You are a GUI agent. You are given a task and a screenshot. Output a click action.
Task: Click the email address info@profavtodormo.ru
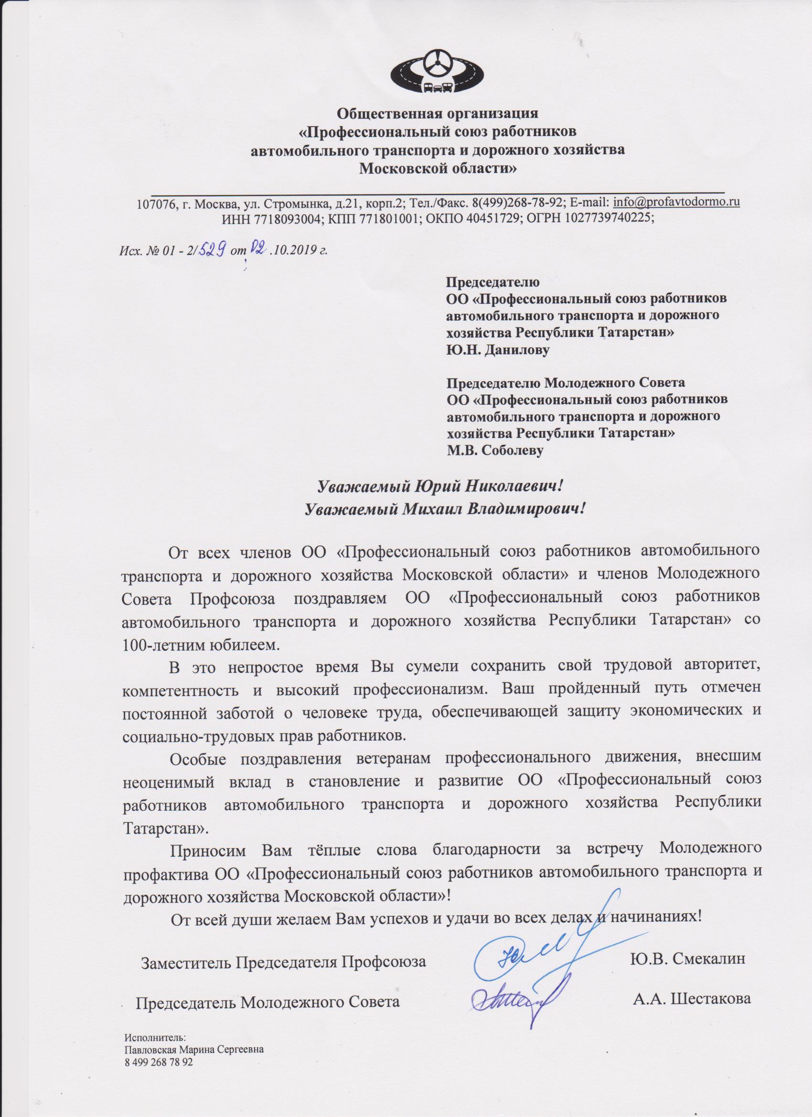(676, 202)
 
